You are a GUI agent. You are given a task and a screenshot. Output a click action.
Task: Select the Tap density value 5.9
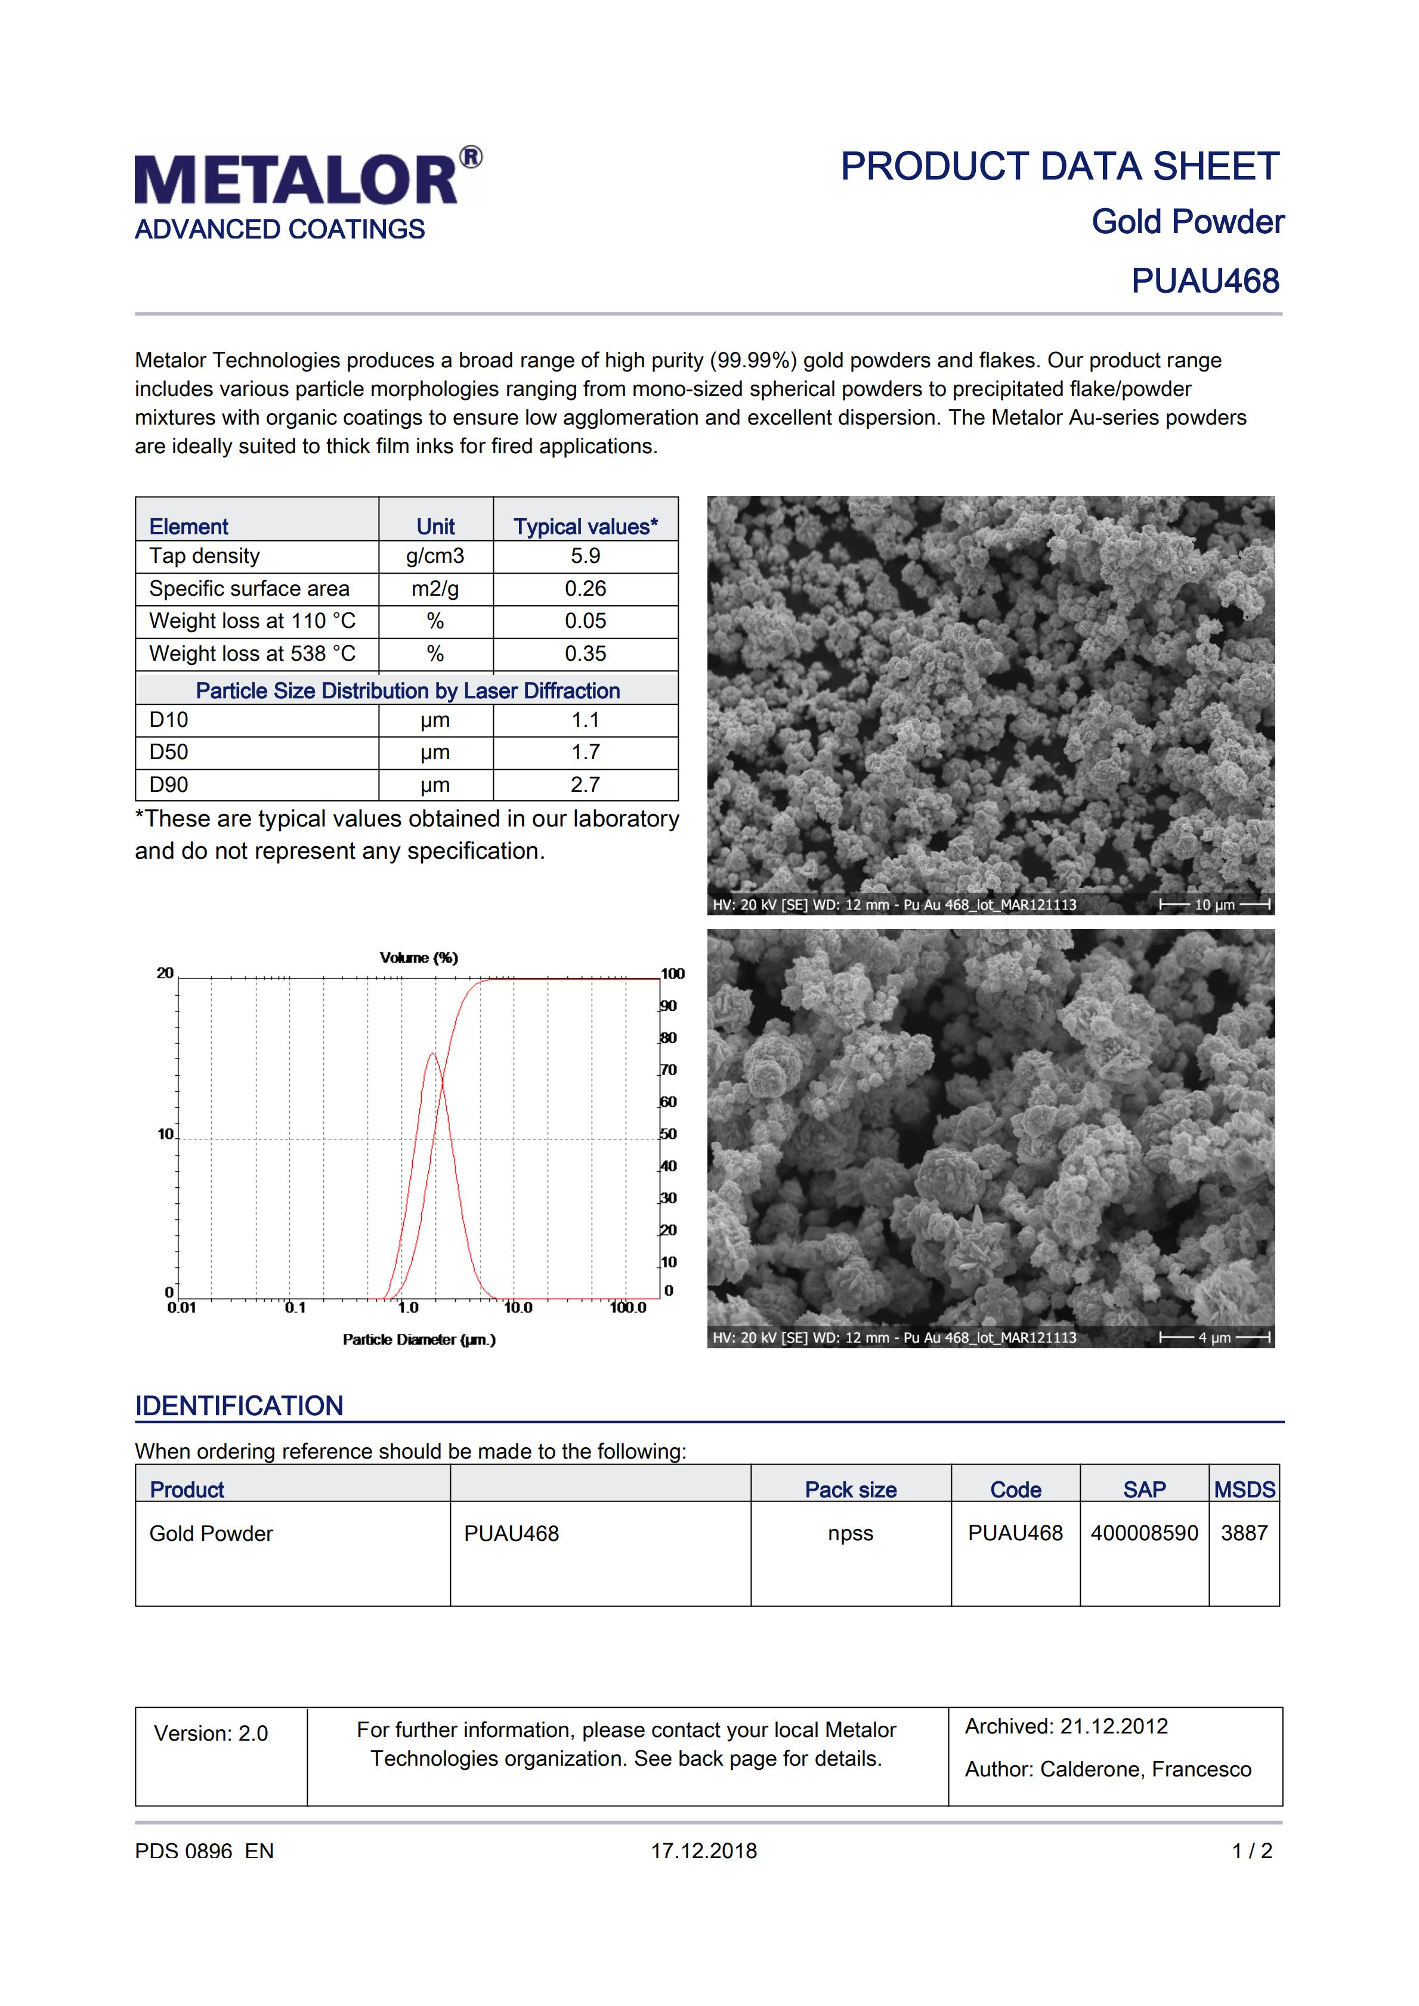tap(585, 556)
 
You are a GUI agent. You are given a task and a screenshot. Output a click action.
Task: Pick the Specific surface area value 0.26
tap(585, 589)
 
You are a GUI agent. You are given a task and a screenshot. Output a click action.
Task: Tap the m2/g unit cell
tap(435, 589)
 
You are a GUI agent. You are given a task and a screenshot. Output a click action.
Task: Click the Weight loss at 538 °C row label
tap(252, 654)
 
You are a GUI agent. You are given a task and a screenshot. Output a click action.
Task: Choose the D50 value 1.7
tap(585, 753)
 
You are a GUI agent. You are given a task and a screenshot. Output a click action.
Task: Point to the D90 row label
tap(169, 785)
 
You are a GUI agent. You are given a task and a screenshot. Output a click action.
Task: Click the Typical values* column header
tap(585, 527)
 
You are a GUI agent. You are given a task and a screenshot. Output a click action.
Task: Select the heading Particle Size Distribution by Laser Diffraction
tap(407, 691)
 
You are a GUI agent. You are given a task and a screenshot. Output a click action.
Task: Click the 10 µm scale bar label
tap(1214, 905)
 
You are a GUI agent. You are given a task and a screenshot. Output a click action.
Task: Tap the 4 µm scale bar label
tap(1214, 1338)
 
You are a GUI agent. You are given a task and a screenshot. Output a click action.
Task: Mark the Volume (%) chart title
tap(419, 958)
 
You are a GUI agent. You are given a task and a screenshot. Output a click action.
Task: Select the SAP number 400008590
tap(1144, 1533)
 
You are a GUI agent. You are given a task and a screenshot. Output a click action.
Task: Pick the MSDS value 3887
tap(1244, 1533)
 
